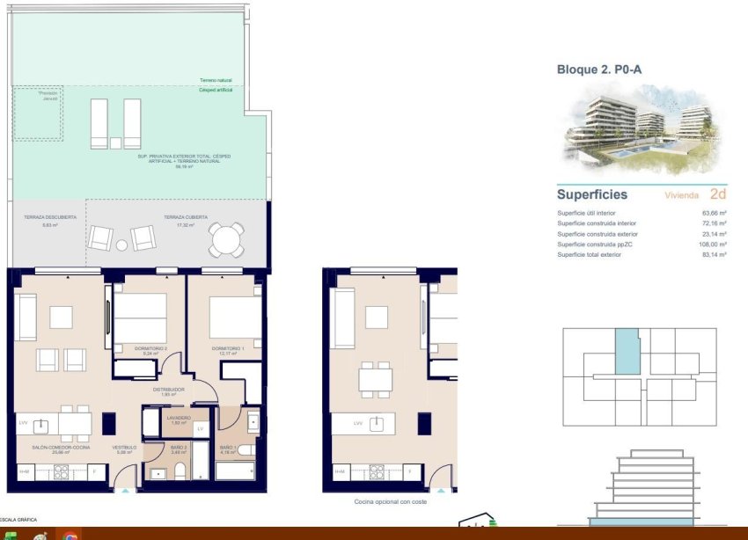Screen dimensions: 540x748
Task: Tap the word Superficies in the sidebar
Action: pyautogui.click(x=592, y=194)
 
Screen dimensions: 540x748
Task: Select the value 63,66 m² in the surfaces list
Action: pyautogui.click(x=714, y=213)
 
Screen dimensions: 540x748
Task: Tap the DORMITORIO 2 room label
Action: pyautogui.click(x=150, y=348)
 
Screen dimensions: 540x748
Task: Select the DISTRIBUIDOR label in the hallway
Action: pyautogui.click(x=167, y=389)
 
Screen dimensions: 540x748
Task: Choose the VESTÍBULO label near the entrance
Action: pyautogui.click(x=123, y=448)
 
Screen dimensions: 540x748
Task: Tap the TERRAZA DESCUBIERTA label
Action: pyautogui.click(x=48, y=216)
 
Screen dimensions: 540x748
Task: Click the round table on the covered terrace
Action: pyautogui.click(x=226, y=238)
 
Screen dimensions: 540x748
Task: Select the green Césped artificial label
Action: pyautogui.click(x=216, y=90)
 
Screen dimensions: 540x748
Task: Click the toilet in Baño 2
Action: pyautogui.click(x=179, y=471)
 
